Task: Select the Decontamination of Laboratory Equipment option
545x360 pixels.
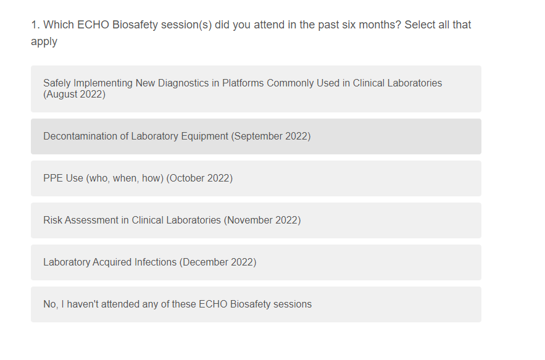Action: pos(256,136)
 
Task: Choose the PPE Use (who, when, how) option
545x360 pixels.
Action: pos(256,178)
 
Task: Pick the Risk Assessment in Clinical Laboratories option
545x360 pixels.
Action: pos(256,220)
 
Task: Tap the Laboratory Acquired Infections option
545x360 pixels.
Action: pos(256,262)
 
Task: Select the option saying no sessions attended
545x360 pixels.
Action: pos(256,304)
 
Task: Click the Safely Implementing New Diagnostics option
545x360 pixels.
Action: pos(256,89)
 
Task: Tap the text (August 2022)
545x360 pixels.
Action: pos(75,94)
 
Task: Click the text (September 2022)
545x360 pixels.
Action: pos(271,136)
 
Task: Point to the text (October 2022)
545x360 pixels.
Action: pos(199,178)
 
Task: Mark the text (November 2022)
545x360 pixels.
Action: pos(262,220)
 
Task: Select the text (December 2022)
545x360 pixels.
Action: pos(218,262)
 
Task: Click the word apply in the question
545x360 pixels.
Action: pos(44,42)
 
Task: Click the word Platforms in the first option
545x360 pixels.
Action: pos(243,83)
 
